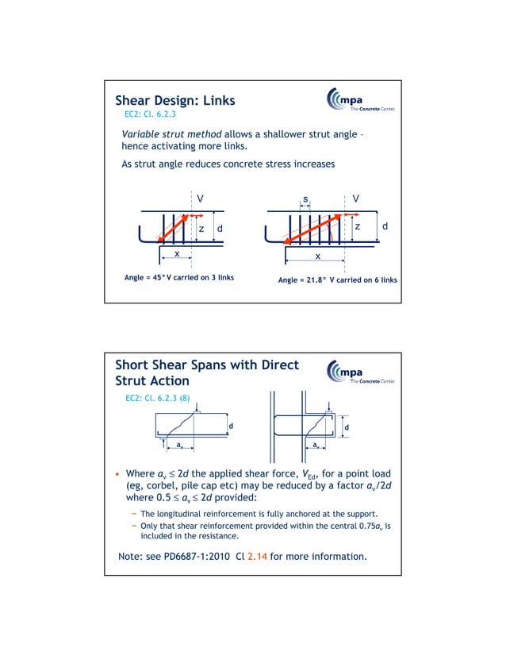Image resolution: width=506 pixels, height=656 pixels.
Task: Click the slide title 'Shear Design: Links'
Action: pos(174,101)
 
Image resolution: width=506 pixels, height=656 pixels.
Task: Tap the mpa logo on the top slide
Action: pos(360,102)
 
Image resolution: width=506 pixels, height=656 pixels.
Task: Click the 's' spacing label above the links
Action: pos(305,198)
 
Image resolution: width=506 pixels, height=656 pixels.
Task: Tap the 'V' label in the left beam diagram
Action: pos(200,198)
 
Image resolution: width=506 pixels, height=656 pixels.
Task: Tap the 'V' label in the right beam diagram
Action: pos(355,198)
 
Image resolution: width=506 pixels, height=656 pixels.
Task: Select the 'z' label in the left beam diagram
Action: pos(201,229)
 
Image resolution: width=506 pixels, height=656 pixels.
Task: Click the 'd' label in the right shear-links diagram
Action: pos(385,227)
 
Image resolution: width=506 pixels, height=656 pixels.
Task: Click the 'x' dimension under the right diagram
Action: pos(317,257)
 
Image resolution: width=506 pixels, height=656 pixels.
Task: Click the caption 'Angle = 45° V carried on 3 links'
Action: pos(178,278)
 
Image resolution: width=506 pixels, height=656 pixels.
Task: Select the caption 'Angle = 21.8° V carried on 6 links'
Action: pos(337,280)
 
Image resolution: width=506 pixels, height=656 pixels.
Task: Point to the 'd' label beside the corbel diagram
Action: pos(347,429)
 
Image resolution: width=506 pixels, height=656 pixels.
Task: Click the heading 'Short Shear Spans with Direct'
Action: pos(207,365)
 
